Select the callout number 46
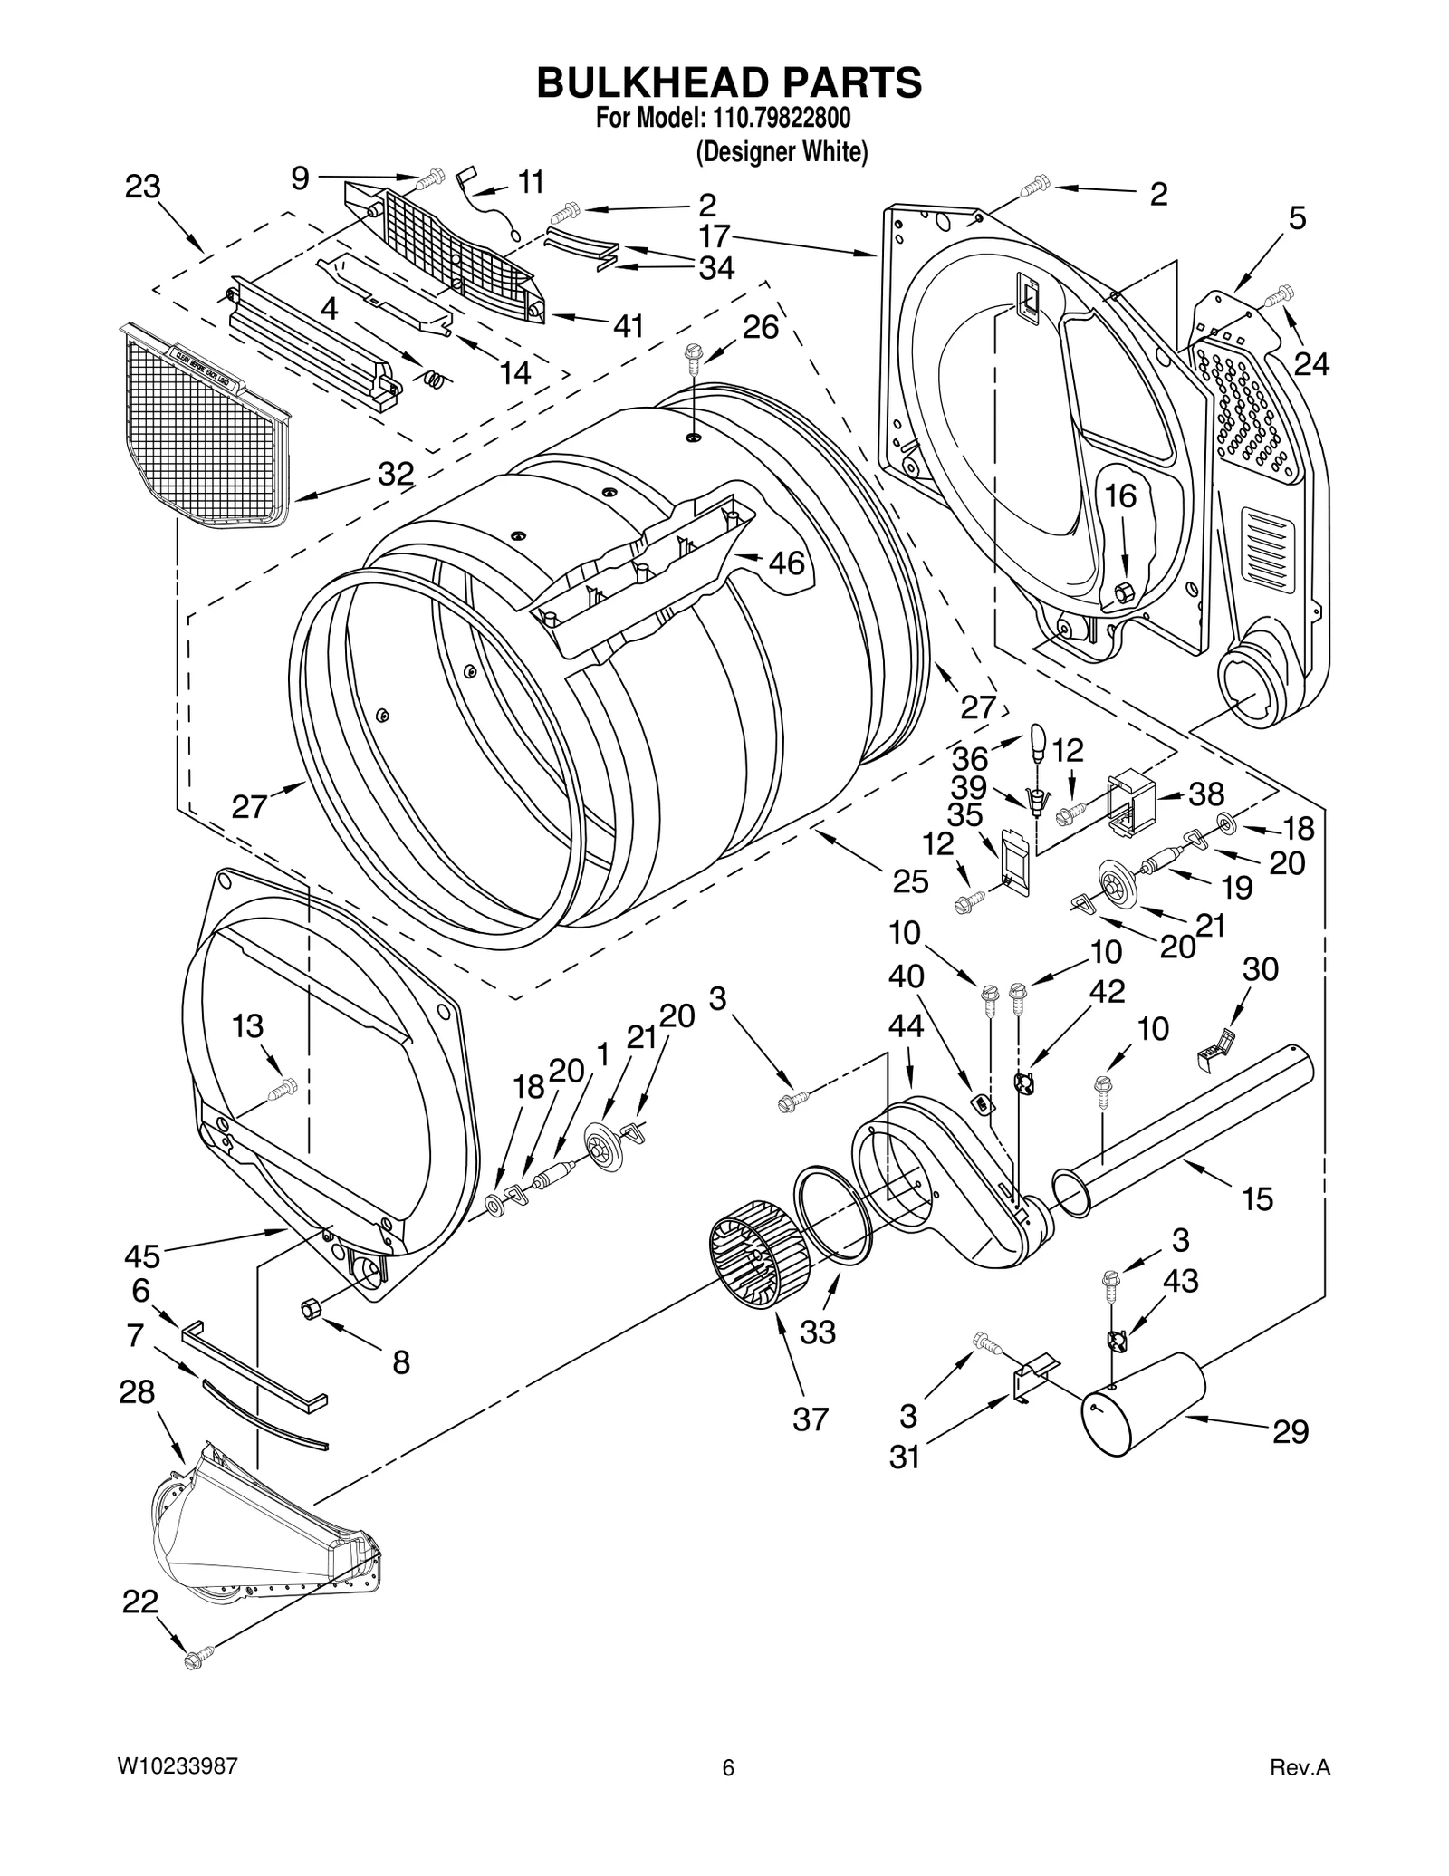(786, 563)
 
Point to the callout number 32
(396, 473)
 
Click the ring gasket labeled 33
(833, 1214)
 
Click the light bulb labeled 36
(1040, 743)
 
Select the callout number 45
(143, 1256)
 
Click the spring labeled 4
(436, 380)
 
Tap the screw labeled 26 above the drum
(695, 354)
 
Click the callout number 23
(142, 187)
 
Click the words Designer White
(781, 152)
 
